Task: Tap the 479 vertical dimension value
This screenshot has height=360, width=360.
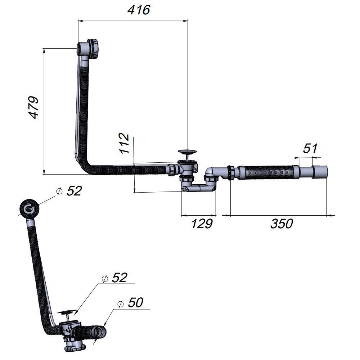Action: tap(33, 107)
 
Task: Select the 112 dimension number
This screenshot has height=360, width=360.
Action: tap(124, 143)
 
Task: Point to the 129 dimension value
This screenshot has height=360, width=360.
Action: tap(202, 224)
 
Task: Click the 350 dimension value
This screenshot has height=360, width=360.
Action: tap(282, 224)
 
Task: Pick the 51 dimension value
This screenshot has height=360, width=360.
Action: tap(310, 148)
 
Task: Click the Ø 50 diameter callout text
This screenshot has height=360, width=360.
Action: tap(130, 302)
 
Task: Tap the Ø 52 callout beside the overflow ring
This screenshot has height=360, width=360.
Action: tap(69, 191)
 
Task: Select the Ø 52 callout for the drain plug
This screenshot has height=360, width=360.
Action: tap(114, 278)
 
